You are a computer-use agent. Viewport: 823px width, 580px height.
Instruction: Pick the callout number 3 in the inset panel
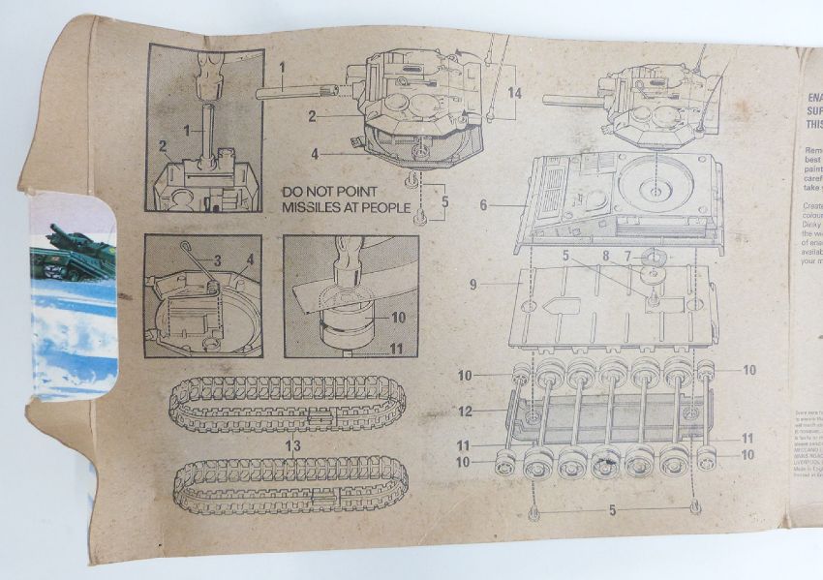tap(218, 259)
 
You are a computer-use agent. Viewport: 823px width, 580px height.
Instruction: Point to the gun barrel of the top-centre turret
tap(295, 92)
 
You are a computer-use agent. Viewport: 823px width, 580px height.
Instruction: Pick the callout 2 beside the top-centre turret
tap(314, 116)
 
